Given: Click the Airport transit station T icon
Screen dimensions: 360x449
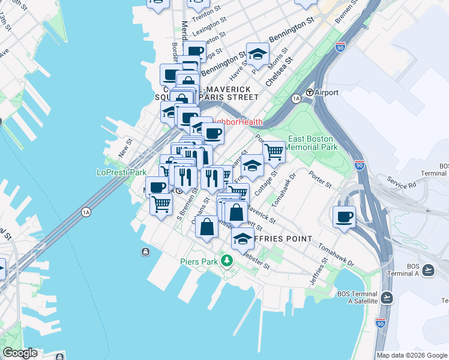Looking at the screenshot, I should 310,92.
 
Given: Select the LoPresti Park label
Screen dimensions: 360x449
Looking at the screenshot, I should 122,172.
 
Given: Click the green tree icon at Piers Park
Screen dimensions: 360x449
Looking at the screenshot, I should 226,260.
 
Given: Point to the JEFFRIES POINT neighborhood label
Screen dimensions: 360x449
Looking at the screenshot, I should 282,239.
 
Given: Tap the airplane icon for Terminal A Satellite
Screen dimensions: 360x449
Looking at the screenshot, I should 387,297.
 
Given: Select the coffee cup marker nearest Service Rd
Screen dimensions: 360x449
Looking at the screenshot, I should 345,217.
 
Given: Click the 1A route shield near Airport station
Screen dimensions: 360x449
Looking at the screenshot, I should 295,98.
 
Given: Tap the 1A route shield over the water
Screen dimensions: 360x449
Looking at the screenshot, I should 86,212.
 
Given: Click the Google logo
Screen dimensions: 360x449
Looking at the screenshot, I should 20,353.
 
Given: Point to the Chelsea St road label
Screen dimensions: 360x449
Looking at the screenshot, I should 279,71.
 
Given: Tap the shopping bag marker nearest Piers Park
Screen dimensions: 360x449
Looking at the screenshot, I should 206,227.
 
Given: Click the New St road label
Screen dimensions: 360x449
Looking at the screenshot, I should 125,148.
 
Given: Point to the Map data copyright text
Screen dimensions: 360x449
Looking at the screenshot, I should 412,355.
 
